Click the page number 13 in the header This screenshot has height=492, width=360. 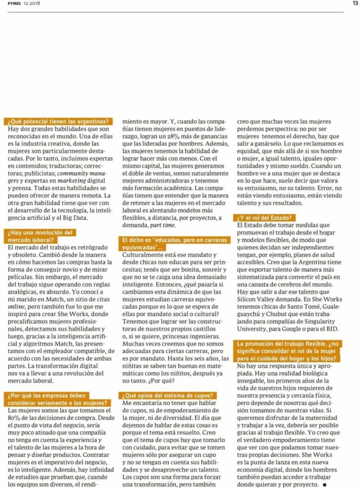click(x=355, y=3)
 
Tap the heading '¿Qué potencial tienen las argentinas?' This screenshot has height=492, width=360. click(x=58, y=122)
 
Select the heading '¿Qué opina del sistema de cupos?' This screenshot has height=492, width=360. click(x=168, y=395)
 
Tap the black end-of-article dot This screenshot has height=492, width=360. click(x=324, y=484)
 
